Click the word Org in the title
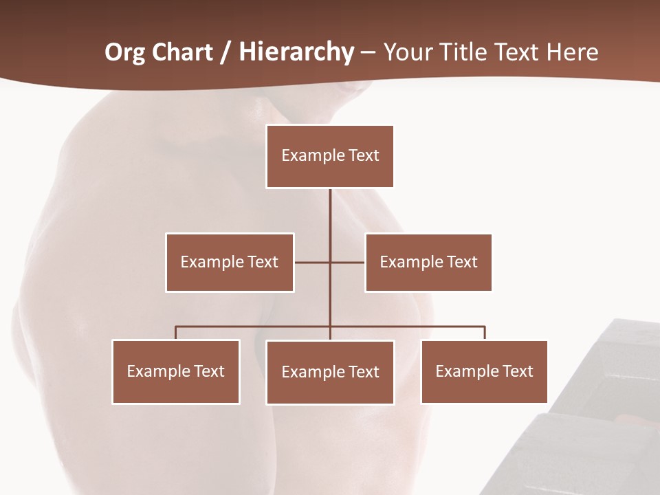click(x=125, y=53)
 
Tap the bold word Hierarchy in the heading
click(x=296, y=53)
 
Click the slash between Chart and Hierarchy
click(x=225, y=53)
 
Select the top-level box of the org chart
click(x=330, y=156)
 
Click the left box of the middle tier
click(x=230, y=262)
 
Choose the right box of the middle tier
click(x=428, y=262)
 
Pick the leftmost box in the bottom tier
click(x=176, y=371)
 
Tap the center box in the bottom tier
click(x=330, y=372)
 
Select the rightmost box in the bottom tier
click(x=484, y=371)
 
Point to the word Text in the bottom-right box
click(x=517, y=371)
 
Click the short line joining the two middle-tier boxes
click(x=313, y=262)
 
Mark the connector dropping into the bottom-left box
click(x=176, y=333)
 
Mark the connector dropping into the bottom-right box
click(x=484, y=333)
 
